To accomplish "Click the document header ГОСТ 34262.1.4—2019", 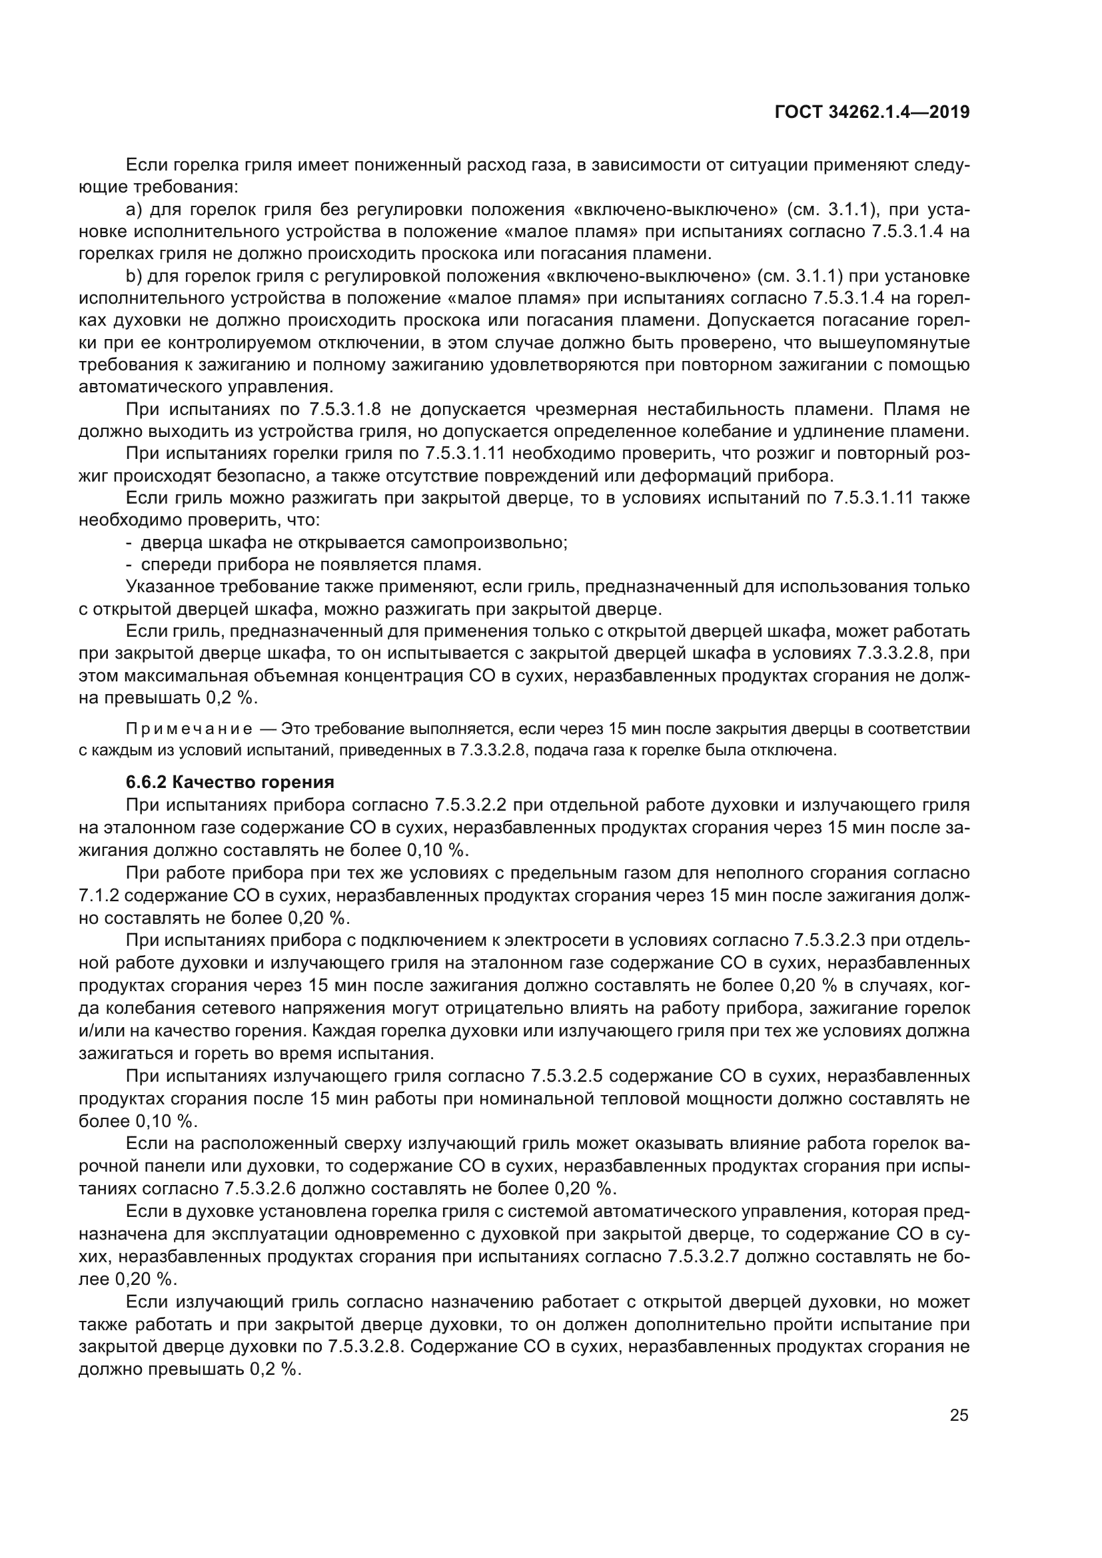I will coord(872,112).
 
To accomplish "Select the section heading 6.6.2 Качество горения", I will coord(230,783).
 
